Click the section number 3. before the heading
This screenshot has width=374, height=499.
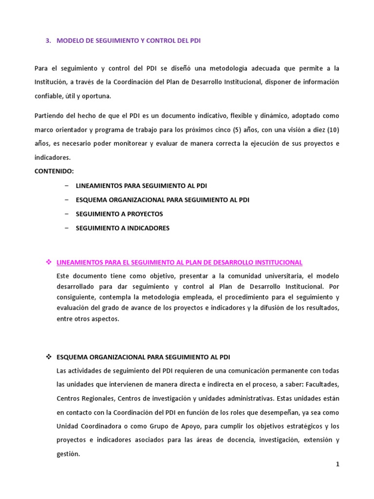click(48, 41)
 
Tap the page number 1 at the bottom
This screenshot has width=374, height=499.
click(337, 464)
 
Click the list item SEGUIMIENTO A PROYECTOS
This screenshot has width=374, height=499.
click(119, 214)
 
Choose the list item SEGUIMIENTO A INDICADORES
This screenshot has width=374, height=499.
click(123, 228)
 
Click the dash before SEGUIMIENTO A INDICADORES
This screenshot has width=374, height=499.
click(66, 228)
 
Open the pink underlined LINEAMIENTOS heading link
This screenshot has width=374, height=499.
click(179, 262)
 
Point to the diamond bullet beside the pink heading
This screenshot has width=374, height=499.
click(48, 262)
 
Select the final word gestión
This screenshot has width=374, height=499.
click(68, 453)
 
